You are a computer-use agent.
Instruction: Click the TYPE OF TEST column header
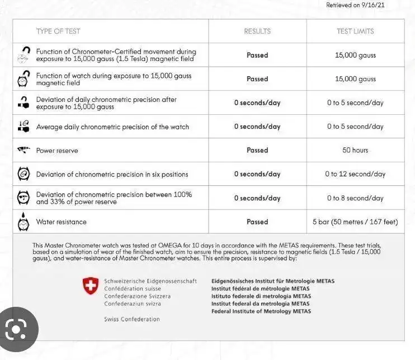pyautogui.click(x=58, y=31)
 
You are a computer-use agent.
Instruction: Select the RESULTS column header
pyautogui.click(x=257, y=31)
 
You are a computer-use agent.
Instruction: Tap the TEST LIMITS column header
pyautogui.click(x=355, y=31)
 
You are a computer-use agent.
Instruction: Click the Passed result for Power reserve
pyautogui.click(x=257, y=150)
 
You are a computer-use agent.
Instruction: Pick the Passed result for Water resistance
pyautogui.click(x=257, y=222)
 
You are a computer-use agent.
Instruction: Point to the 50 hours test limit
pyautogui.click(x=355, y=150)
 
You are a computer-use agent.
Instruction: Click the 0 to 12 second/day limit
pyautogui.click(x=355, y=174)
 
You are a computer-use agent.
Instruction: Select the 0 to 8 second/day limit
pyautogui.click(x=355, y=198)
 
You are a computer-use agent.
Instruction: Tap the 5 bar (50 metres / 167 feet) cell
pyautogui.click(x=355, y=222)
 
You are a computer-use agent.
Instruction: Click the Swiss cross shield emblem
pyautogui.click(x=91, y=287)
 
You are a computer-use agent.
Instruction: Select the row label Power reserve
pyautogui.click(x=57, y=151)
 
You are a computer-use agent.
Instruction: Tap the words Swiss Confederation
pyautogui.click(x=131, y=319)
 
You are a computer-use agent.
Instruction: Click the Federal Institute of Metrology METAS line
pyautogui.click(x=261, y=311)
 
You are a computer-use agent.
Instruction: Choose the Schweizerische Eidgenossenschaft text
pyautogui.click(x=150, y=281)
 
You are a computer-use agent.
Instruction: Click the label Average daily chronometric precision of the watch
pyautogui.click(x=112, y=127)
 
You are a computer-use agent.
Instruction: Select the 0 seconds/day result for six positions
pyautogui.click(x=257, y=174)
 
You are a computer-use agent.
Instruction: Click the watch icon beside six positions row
pyautogui.click(x=23, y=174)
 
